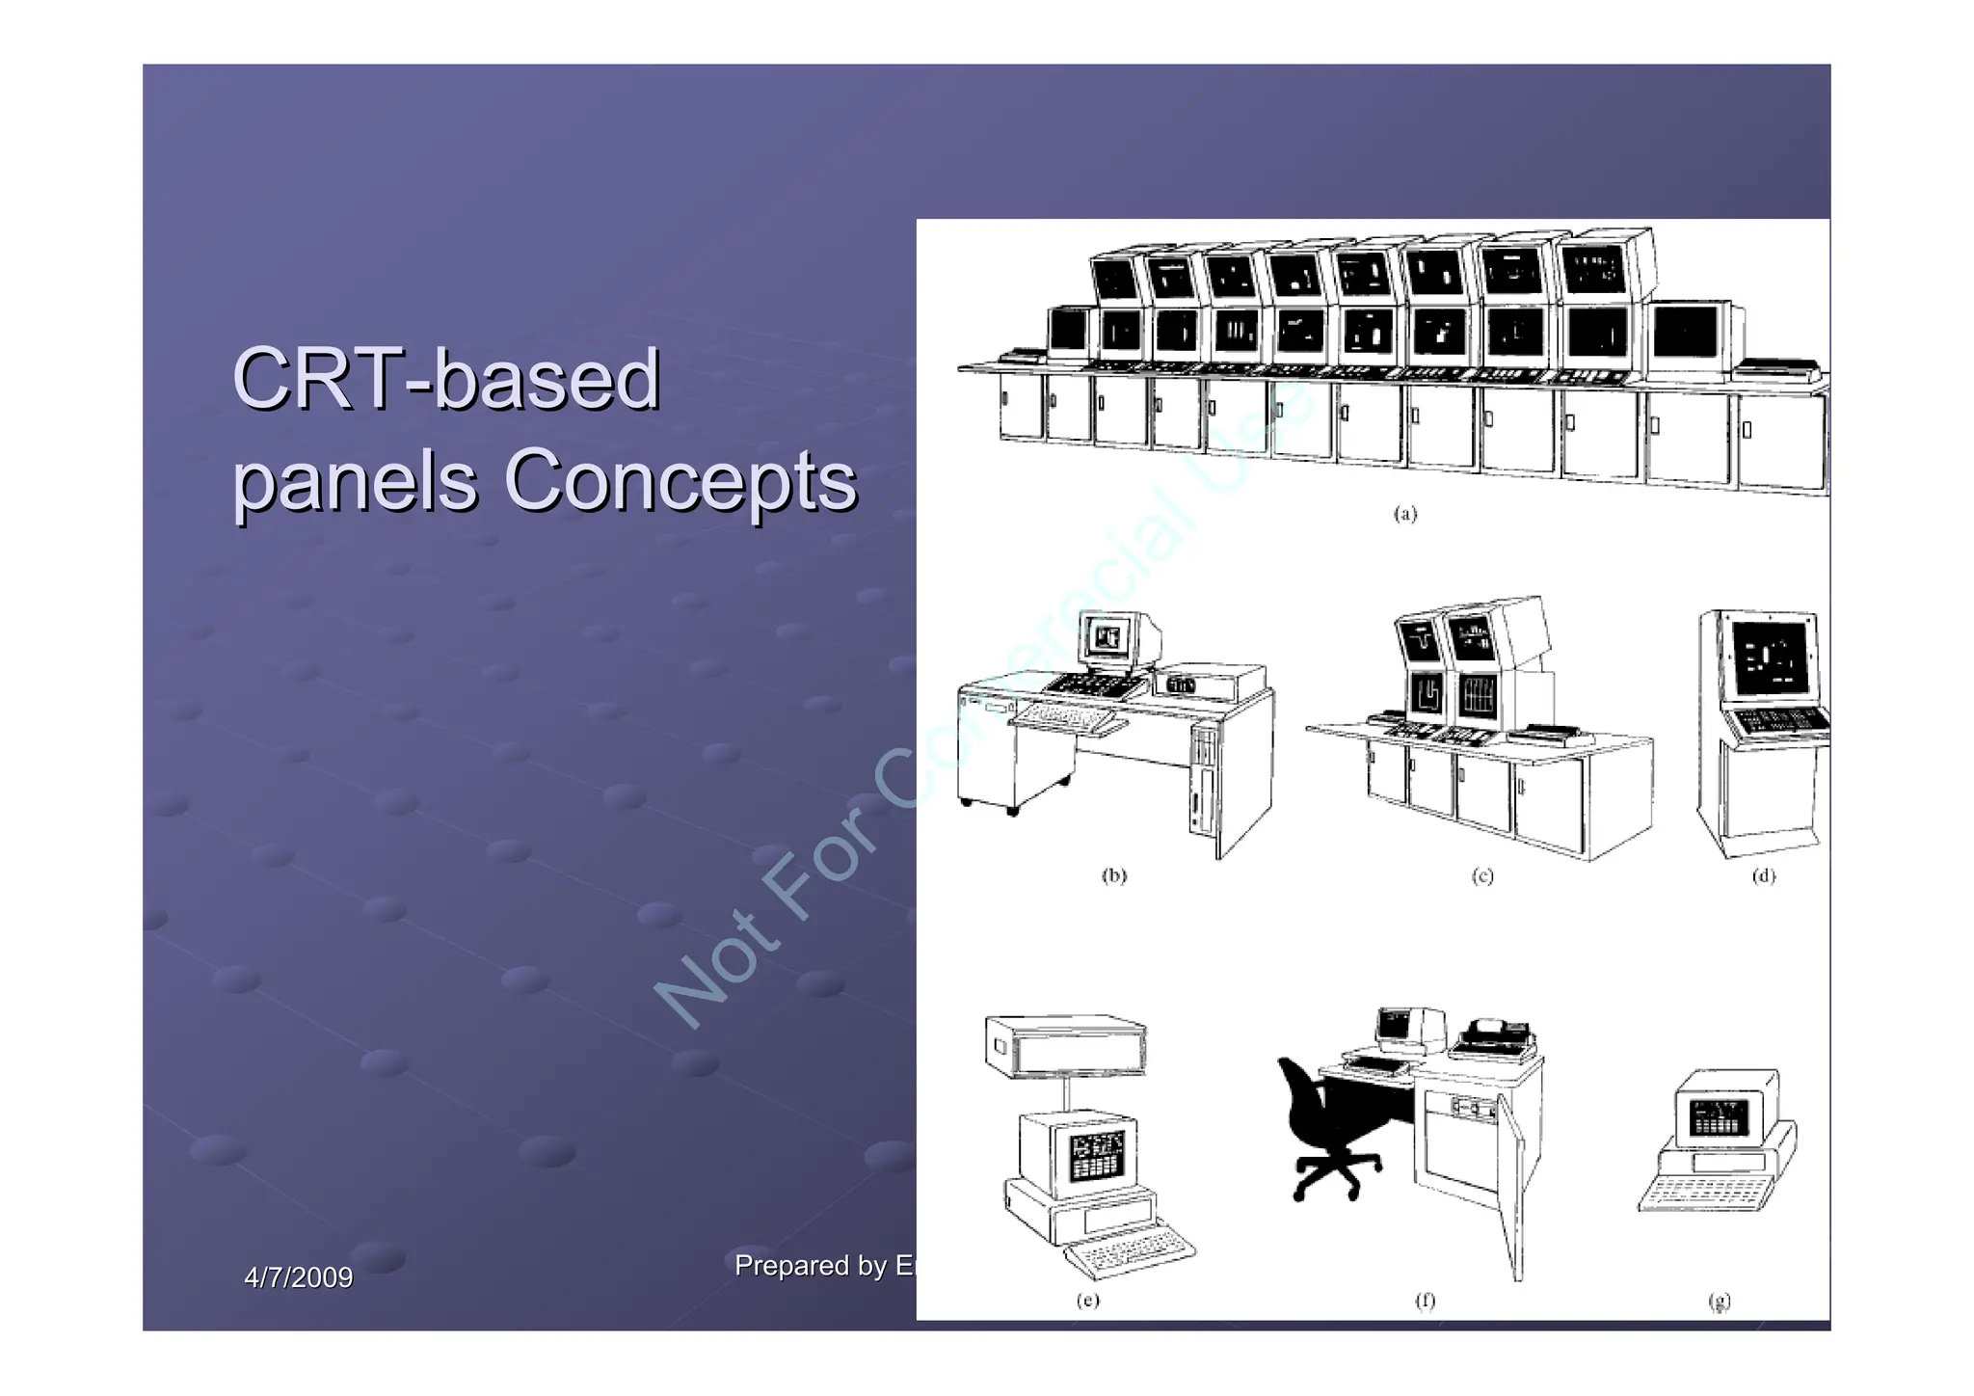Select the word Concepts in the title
click(x=680, y=480)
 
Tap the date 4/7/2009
click(x=298, y=1277)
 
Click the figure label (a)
click(x=1405, y=514)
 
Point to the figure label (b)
click(x=1114, y=875)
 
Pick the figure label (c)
click(x=1482, y=875)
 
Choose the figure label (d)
click(x=1763, y=875)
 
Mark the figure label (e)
click(x=1087, y=1300)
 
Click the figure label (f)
click(x=1425, y=1300)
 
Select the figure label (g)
click(x=1720, y=1301)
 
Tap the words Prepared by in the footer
click(x=811, y=1265)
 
